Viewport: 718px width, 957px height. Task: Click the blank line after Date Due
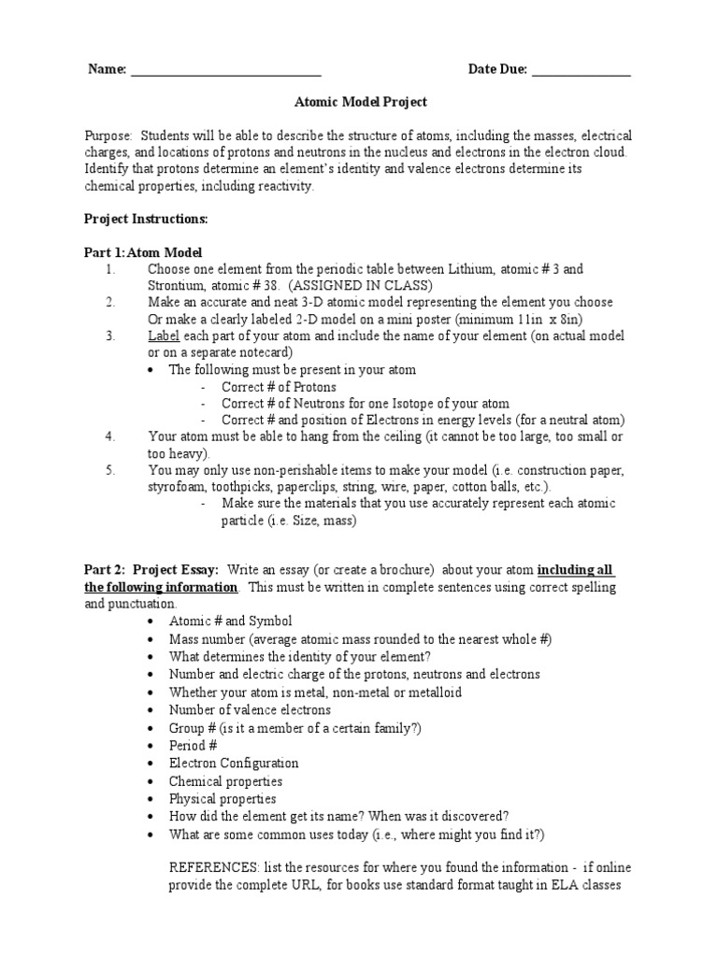click(x=581, y=71)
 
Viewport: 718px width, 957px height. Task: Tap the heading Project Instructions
click(x=146, y=219)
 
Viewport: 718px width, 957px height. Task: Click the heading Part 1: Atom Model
click(x=143, y=252)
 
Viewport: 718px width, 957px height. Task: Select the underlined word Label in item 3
click(x=163, y=336)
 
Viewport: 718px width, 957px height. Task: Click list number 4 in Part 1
click(x=109, y=436)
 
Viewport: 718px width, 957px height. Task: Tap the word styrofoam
click(x=176, y=487)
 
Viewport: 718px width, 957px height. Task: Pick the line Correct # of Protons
click(x=279, y=387)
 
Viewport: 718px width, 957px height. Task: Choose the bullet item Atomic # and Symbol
click(x=230, y=621)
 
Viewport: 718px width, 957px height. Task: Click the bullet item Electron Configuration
click(x=234, y=764)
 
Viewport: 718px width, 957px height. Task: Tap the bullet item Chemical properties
click(x=225, y=781)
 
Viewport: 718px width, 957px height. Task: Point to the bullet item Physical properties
click(x=223, y=799)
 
